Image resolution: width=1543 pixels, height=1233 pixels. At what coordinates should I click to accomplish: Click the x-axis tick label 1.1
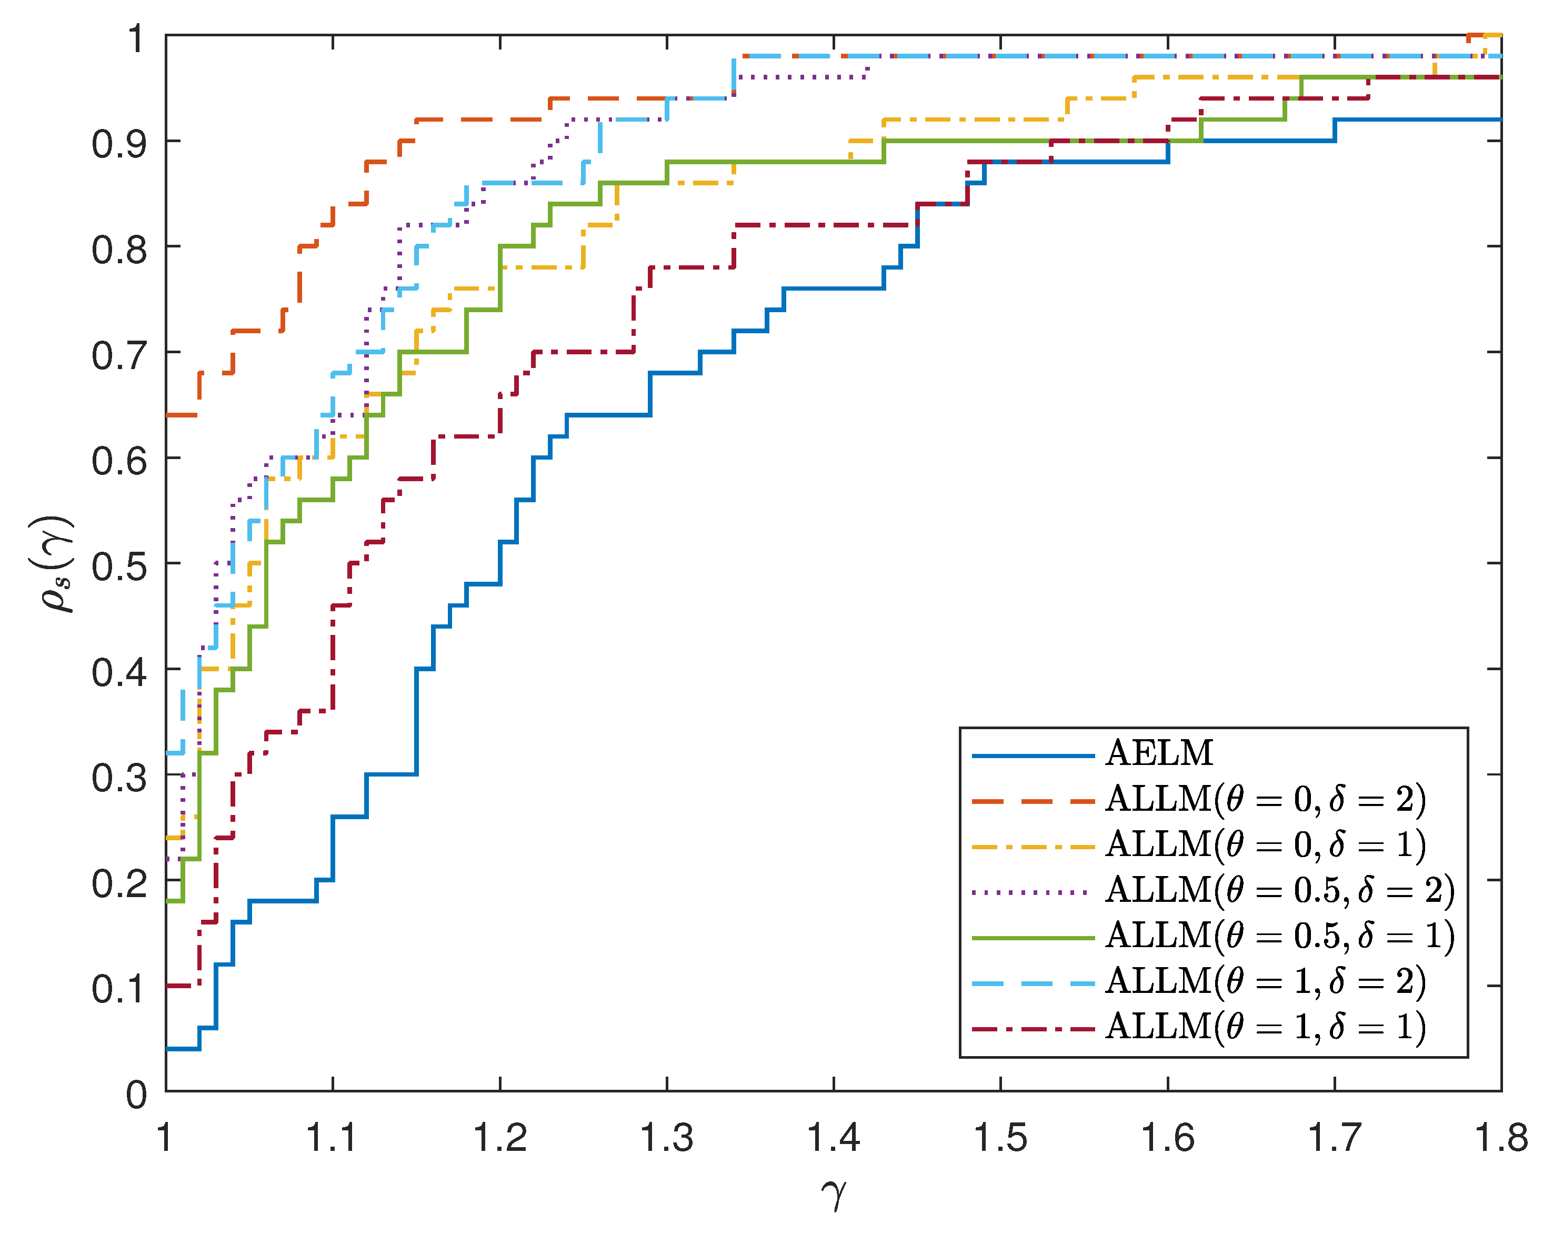[x=332, y=1138]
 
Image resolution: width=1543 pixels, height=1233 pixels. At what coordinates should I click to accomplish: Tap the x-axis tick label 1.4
[x=833, y=1138]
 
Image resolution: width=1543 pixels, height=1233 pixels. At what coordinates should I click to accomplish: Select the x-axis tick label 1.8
[x=1501, y=1138]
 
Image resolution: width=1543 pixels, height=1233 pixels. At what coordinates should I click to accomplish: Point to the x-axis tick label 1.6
[x=1167, y=1138]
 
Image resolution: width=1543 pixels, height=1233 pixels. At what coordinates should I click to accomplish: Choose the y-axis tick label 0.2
[x=119, y=883]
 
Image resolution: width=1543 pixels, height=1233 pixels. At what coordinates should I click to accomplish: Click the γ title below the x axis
[x=834, y=1193]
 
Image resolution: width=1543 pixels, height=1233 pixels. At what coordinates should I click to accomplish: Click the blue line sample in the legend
[x=1033, y=755]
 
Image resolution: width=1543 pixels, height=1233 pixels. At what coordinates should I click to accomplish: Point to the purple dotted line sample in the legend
[x=1033, y=892]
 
